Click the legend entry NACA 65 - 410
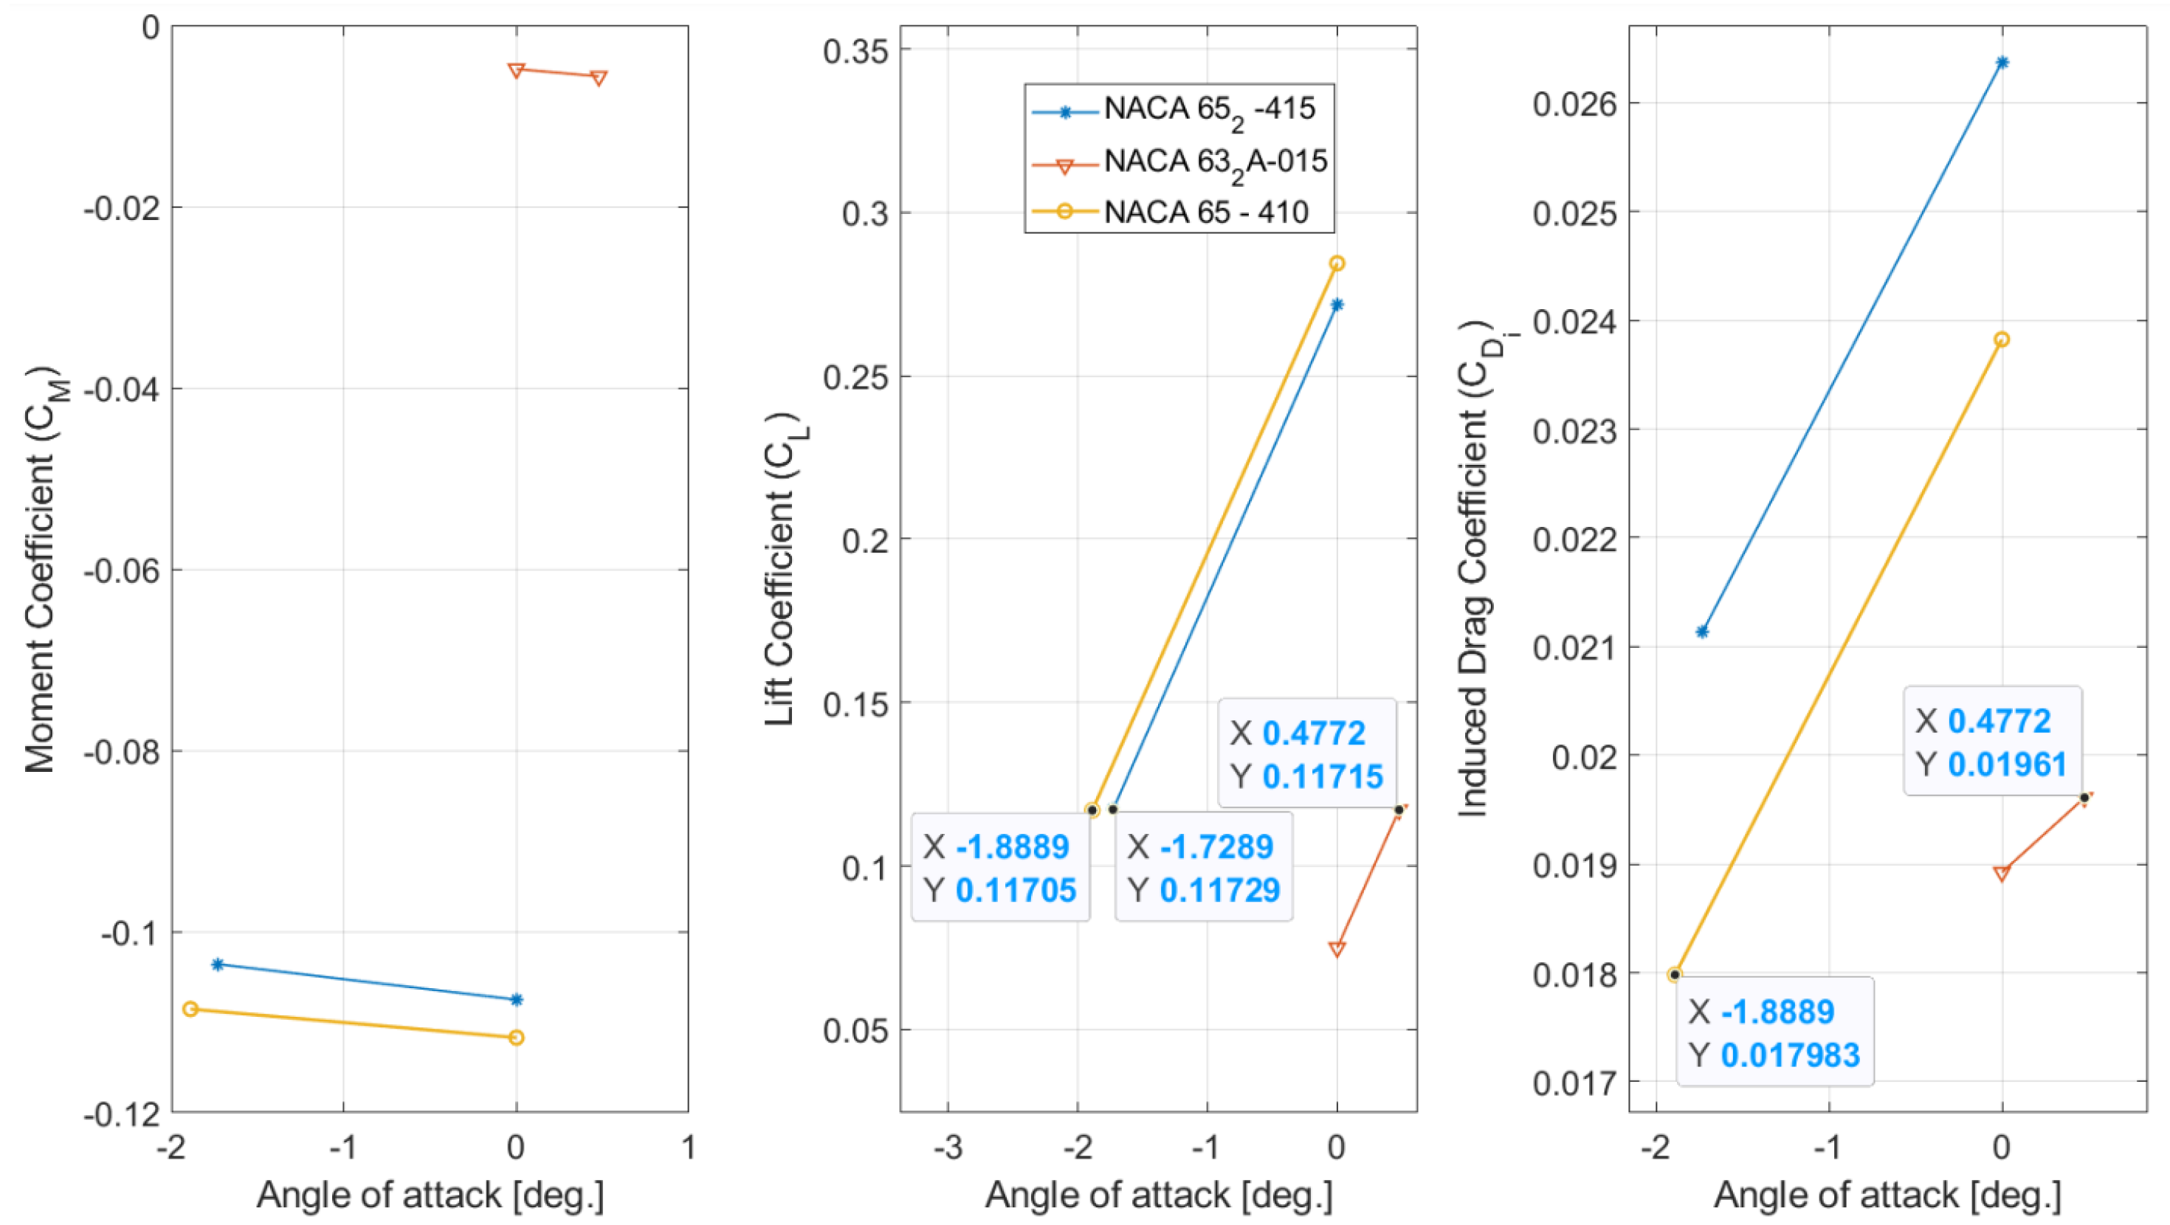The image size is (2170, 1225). tap(1205, 212)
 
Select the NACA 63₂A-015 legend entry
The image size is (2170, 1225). tap(1215, 161)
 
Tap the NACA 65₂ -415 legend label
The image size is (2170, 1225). tap(1209, 108)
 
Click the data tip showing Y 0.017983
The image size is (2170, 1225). tap(1774, 1032)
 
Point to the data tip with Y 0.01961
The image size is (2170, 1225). tap(1992, 742)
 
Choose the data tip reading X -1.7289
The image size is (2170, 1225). tap(1203, 867)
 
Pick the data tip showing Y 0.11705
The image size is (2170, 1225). tap(1000, 867)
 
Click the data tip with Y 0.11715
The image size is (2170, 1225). tap(1306, 754)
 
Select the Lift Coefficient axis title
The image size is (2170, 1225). tap(780, 570)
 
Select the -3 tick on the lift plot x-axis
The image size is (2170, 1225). tap(948, 1147)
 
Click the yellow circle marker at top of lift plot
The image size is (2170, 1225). tap(1337, 263)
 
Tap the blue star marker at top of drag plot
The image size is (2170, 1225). tap(2002, 62)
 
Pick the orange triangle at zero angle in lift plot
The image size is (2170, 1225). tap(1337, 949)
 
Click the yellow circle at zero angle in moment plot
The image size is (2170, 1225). tap(517, 1037)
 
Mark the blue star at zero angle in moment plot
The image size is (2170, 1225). tap(517, 1000)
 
